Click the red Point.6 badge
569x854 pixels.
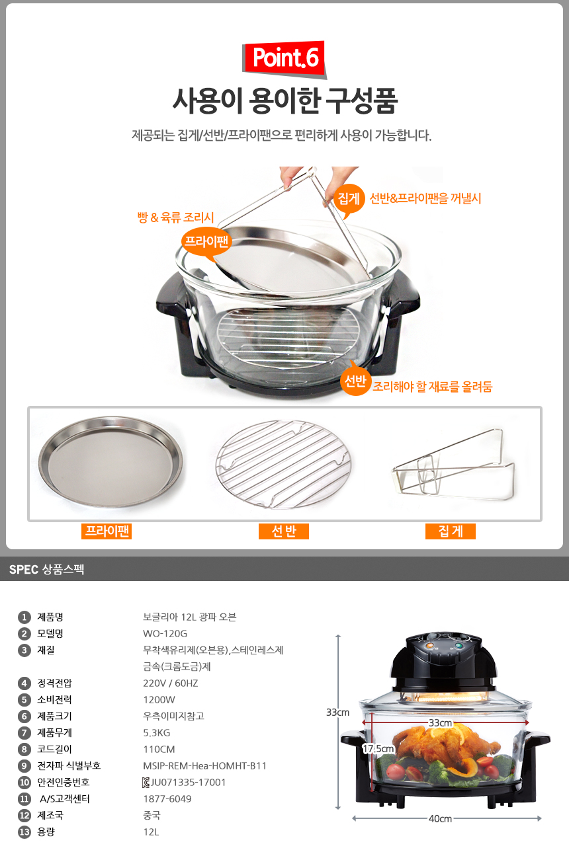point(284,58)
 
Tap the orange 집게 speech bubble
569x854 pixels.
point(349,199)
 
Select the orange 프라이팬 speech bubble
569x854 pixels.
point(206,242)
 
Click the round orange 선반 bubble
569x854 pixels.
point(355,381)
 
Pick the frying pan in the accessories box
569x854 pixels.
point(110,461)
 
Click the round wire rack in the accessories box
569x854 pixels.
point(283,464)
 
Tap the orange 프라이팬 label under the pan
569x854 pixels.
point(107,531)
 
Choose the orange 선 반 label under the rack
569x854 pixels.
point(284,531)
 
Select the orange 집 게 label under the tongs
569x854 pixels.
point(451,531)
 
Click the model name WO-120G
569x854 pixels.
point(165,634)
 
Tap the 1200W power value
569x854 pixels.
point(159,699)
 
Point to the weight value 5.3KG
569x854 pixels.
point(156,733)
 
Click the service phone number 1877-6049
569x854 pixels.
point(167,798)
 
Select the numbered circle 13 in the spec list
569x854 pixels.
point(24,832)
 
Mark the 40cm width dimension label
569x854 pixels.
point(440,818)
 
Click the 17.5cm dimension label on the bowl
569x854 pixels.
point(378,749)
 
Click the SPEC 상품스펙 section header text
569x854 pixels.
point(46,569)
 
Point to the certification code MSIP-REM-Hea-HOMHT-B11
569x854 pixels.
point(204,765)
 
